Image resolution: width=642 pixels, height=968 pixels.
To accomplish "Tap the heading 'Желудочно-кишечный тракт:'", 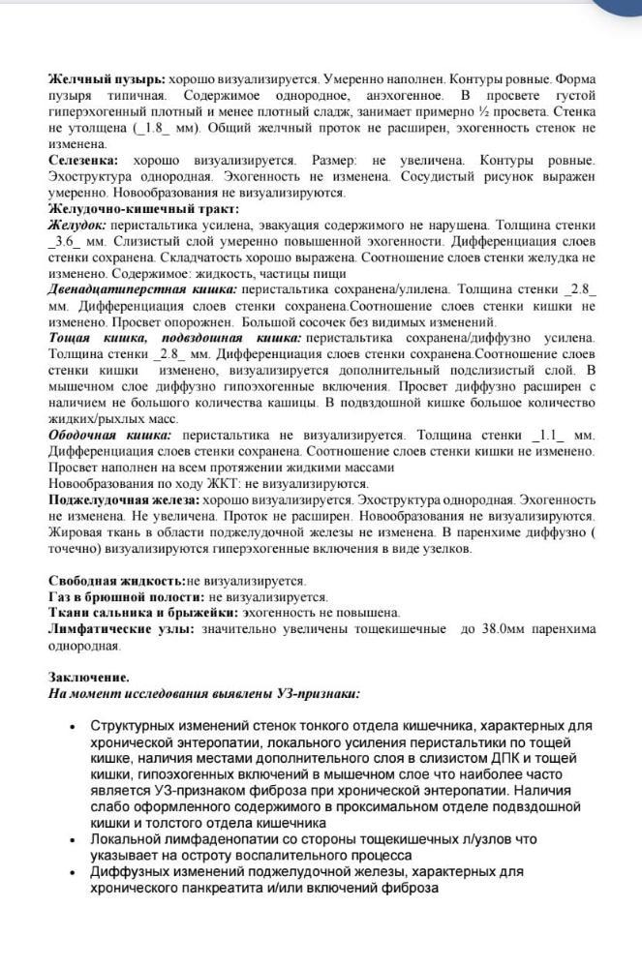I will tap(130, 208).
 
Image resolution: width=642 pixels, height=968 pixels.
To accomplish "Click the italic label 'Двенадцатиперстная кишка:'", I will tap(142, 289).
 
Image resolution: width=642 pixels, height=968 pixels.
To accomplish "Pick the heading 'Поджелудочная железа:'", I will tap(123, 500).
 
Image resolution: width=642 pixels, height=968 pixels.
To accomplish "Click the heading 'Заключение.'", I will tap(89, 678).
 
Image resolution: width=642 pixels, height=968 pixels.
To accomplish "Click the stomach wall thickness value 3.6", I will tap(69, 241).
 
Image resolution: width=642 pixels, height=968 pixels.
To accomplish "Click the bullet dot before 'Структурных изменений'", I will tap(75, 726).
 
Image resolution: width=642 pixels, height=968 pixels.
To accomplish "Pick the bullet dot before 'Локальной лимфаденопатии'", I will tap(75, 839).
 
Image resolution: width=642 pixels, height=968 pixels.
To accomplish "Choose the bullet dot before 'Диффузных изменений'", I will tap(75, 871).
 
